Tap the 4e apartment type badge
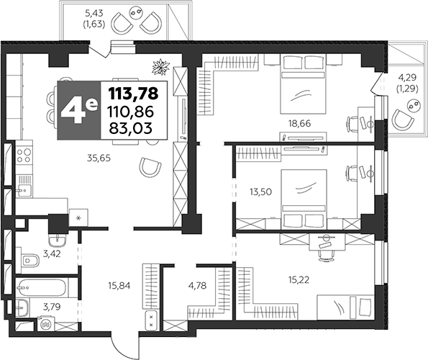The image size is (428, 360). point(79,110)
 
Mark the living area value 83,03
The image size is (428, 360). point(132,129)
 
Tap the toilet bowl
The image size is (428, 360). point(31,258)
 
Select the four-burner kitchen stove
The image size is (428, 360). point(24,155)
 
